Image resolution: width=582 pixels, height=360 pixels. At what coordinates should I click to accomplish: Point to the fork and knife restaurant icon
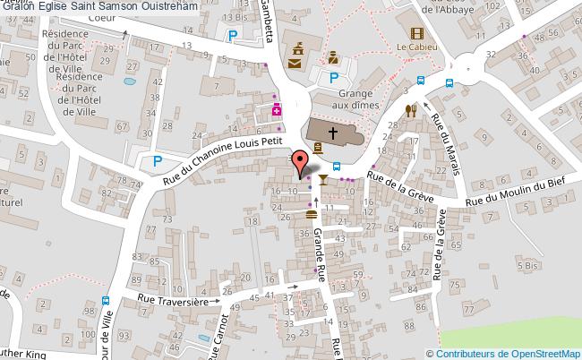(x=411, y=110)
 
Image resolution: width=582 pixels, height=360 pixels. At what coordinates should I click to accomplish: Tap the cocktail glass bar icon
(x=321, y=183)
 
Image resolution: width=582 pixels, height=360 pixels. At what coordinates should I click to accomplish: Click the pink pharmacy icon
(x=278, y=110)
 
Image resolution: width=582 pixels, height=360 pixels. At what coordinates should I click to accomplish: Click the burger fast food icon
(x=311, y=214)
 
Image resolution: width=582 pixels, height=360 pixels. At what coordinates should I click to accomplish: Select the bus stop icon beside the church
(x=337, y=166)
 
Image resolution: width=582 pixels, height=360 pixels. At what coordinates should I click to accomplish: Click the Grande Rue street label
(x=319, y=245)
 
